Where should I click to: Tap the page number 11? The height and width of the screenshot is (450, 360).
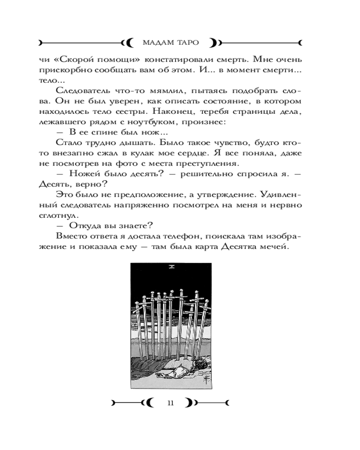click(x=170, y=403)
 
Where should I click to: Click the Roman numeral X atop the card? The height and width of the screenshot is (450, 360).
click(x=171, y=268)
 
